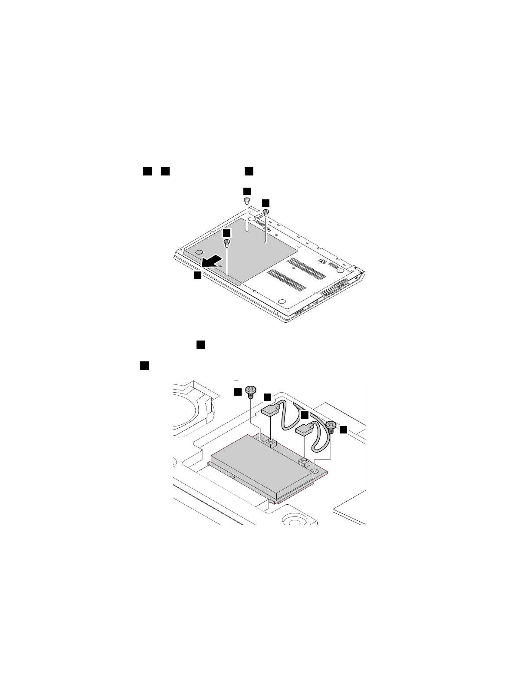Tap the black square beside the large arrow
pyautogui.click(x=197, y=275)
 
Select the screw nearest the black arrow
pyautogui.click(x=226, y=244)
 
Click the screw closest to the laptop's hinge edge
pyautogui.click(x=247, y=201)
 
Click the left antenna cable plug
pyautogui.click(x=271, y=410)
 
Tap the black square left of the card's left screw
pyautogui.click(x=238, y=392)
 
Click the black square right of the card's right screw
pyautogui.click(x=343, y=430)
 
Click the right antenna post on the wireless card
pyautogui.click(x=304, y=461)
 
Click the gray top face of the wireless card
pyautogui.click(x=256, y=463)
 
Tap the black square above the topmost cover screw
pyautogui.click(x=246, y=191)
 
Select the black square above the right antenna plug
pyautogui.click(x=305, y=415)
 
